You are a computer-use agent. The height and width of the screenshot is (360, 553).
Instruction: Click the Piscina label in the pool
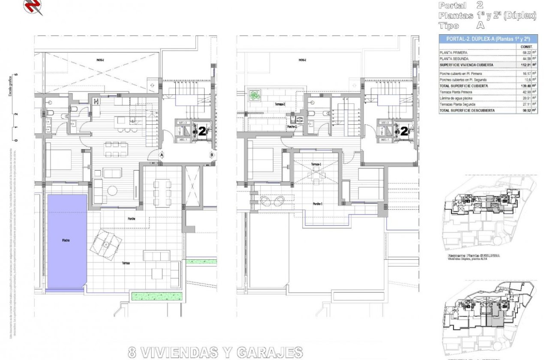point(66,240)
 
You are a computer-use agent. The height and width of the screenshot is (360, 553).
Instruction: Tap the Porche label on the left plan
point(132,219)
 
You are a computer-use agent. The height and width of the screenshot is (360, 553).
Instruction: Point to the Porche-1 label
point(317,204)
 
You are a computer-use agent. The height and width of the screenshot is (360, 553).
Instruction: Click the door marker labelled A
point(162,155)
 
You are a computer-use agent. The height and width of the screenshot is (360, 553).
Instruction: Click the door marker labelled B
point(212,155)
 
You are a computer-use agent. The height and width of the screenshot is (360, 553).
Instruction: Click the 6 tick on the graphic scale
point(16,75)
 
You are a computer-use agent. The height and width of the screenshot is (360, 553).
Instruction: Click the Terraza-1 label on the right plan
point(316,165)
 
